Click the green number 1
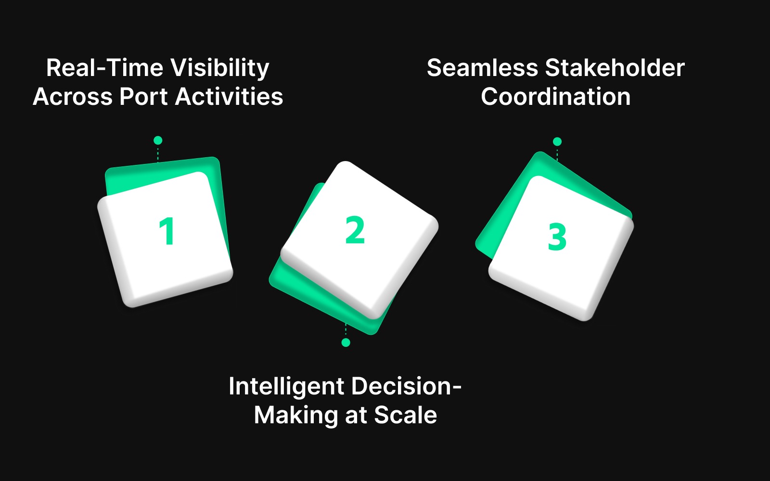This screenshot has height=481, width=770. pyautogui.click(x=167, y=231)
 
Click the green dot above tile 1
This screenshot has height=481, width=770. pyautogui.click(x=158, y=140)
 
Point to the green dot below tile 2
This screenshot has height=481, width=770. pyautogui.click(x=346, y=342)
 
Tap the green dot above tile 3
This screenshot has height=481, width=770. pyautogui.click(x=557, y=141)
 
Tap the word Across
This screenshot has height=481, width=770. pyautogui.click(x=73, y=97)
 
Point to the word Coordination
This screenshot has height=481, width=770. pyautogui.click(x=556, y=97)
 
